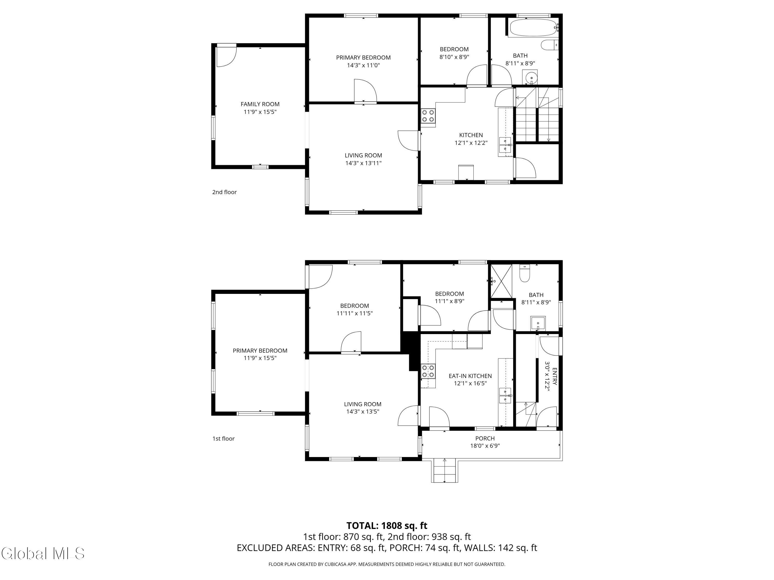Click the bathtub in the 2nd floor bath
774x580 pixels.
tap(533, 28)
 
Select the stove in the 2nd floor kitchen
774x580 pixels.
tap(428, 116)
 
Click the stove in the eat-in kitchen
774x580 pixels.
tap(428, 371)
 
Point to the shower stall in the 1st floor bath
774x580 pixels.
tap(501, 281)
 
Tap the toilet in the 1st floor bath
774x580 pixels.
tap(525, 273)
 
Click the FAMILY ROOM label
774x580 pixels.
tap(260, 104)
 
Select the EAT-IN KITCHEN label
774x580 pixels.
tap(470, 376)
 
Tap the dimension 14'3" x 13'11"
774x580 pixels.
tap(363, 163)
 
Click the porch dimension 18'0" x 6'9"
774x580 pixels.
tap(485, 446)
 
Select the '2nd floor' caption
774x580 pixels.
tap(224, 192)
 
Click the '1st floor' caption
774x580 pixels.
tap(224, 438)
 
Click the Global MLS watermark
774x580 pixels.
tap(43, 553)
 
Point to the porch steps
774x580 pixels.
tap(444, 471)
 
